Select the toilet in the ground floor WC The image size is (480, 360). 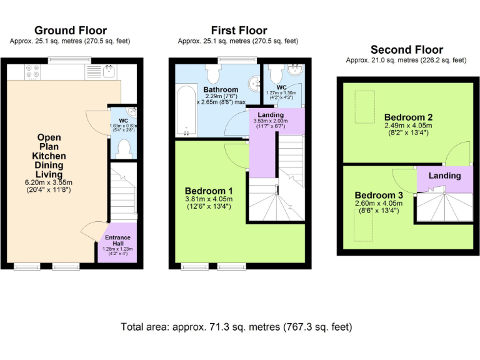pyautogui.click(x=124, y=147)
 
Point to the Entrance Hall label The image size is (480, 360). pyautogui.click(x=117, y=239)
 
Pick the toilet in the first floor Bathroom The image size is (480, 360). pyautogui.click(x=212, y=74)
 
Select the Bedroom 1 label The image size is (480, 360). pyautogui.click(x=209, y=191)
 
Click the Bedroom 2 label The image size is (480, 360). pyautogui.click(x=408, y=117)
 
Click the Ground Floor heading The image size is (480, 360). pyautogui.click(x=70, y=30)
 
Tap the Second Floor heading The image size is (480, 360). pyautogui.click(x=407, y=49)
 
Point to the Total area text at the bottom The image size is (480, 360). pyautogui.click(x=236, y=327)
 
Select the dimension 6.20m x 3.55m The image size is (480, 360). pyautogui.click(x=49, y=182)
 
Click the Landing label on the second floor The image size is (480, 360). pyautogui.click(x=444, y=176)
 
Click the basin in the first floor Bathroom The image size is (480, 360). pyautogui.click(x=254, y=82)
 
